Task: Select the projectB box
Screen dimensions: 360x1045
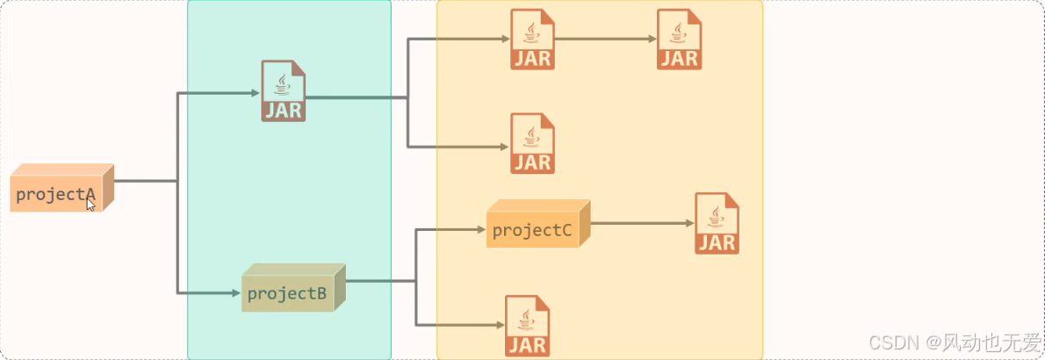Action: pos(291,292)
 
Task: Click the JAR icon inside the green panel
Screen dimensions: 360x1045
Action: pos(283,90)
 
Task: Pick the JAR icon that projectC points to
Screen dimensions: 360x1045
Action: pos(717,223)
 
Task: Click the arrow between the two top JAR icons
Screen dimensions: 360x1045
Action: pos(606,39)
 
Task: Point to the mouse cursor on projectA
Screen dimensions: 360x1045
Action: pos(90,204)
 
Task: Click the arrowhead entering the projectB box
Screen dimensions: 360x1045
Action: pos(236,292)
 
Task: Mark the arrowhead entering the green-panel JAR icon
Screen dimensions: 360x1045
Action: pos(256,92)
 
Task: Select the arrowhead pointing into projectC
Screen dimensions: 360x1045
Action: pos(480,230)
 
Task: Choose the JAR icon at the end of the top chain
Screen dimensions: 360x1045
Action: pos(679,39)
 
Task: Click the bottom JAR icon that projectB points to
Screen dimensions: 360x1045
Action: pos(527,326)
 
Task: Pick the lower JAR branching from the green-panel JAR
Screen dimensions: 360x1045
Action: pos(532,143)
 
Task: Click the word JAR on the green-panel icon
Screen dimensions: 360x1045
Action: pos(283,110)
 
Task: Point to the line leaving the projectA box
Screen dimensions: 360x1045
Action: pos(145,182)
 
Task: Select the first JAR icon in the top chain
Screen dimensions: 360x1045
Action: pos(532,39)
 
